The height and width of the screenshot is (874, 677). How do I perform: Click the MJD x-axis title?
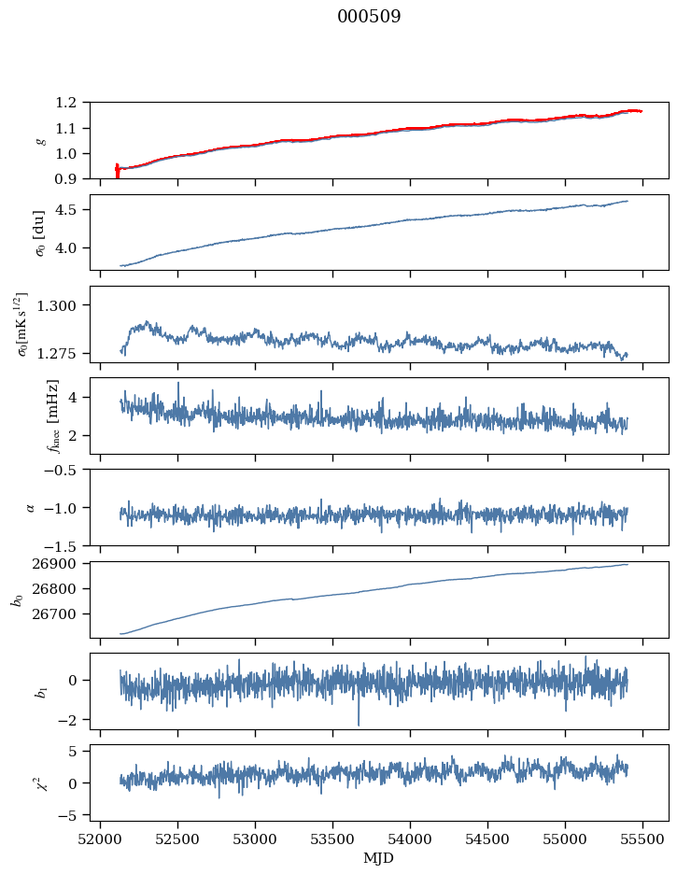[379, 857]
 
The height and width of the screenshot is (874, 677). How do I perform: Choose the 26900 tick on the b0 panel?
[62, 564]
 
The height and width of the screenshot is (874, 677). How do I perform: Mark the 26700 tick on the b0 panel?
[62, 614]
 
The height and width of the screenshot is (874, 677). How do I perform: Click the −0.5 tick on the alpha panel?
[65, 470]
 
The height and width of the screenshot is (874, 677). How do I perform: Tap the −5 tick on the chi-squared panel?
[72, 815]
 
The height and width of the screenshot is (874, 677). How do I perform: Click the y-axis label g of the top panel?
[40, 140]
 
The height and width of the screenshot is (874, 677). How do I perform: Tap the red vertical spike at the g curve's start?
[117, 171]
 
